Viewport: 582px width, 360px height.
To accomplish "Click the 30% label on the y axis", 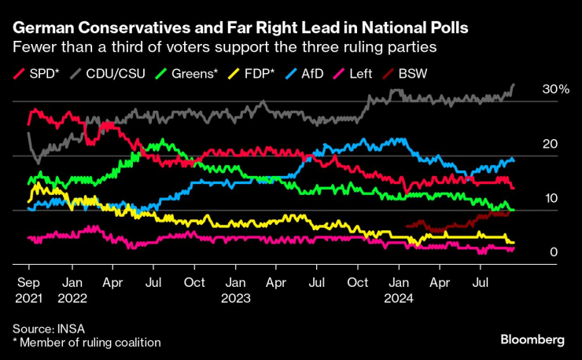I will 555,90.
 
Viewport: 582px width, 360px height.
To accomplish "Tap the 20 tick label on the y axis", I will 550,145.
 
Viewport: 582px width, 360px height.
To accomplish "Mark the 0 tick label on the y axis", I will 554,252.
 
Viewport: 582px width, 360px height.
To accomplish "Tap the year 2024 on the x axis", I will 399,299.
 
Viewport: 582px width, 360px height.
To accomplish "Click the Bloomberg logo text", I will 532,340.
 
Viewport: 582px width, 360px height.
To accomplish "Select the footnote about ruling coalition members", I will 87,342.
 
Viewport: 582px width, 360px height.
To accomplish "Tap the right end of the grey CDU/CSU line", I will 514,85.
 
